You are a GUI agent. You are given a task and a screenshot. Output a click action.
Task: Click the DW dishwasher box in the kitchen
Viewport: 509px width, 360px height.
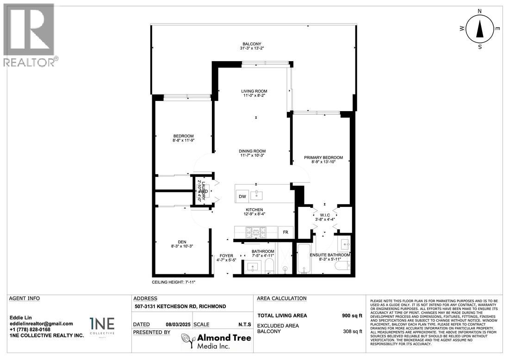click(x=242, y=196)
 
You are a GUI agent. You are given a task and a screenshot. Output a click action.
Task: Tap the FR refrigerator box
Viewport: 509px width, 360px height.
click(x=286, y=232)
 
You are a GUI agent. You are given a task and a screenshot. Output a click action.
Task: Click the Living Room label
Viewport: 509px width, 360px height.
click(x=254, y=91)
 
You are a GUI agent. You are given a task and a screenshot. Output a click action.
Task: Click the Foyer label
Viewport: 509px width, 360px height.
click(x=226, y=256)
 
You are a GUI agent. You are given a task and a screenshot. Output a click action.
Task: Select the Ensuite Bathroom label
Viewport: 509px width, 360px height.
click(x=330, y=255)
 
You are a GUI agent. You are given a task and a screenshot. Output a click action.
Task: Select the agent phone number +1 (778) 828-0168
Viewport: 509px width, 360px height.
click(x=31, y=329)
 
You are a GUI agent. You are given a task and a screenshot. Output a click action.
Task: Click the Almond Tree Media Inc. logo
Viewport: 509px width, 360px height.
click(x=216, y=341)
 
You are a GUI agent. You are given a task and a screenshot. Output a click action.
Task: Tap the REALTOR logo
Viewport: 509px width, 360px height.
click(x=29, y=35)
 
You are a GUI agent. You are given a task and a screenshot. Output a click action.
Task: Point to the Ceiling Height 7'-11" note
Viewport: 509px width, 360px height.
click(x=174, y=282)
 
